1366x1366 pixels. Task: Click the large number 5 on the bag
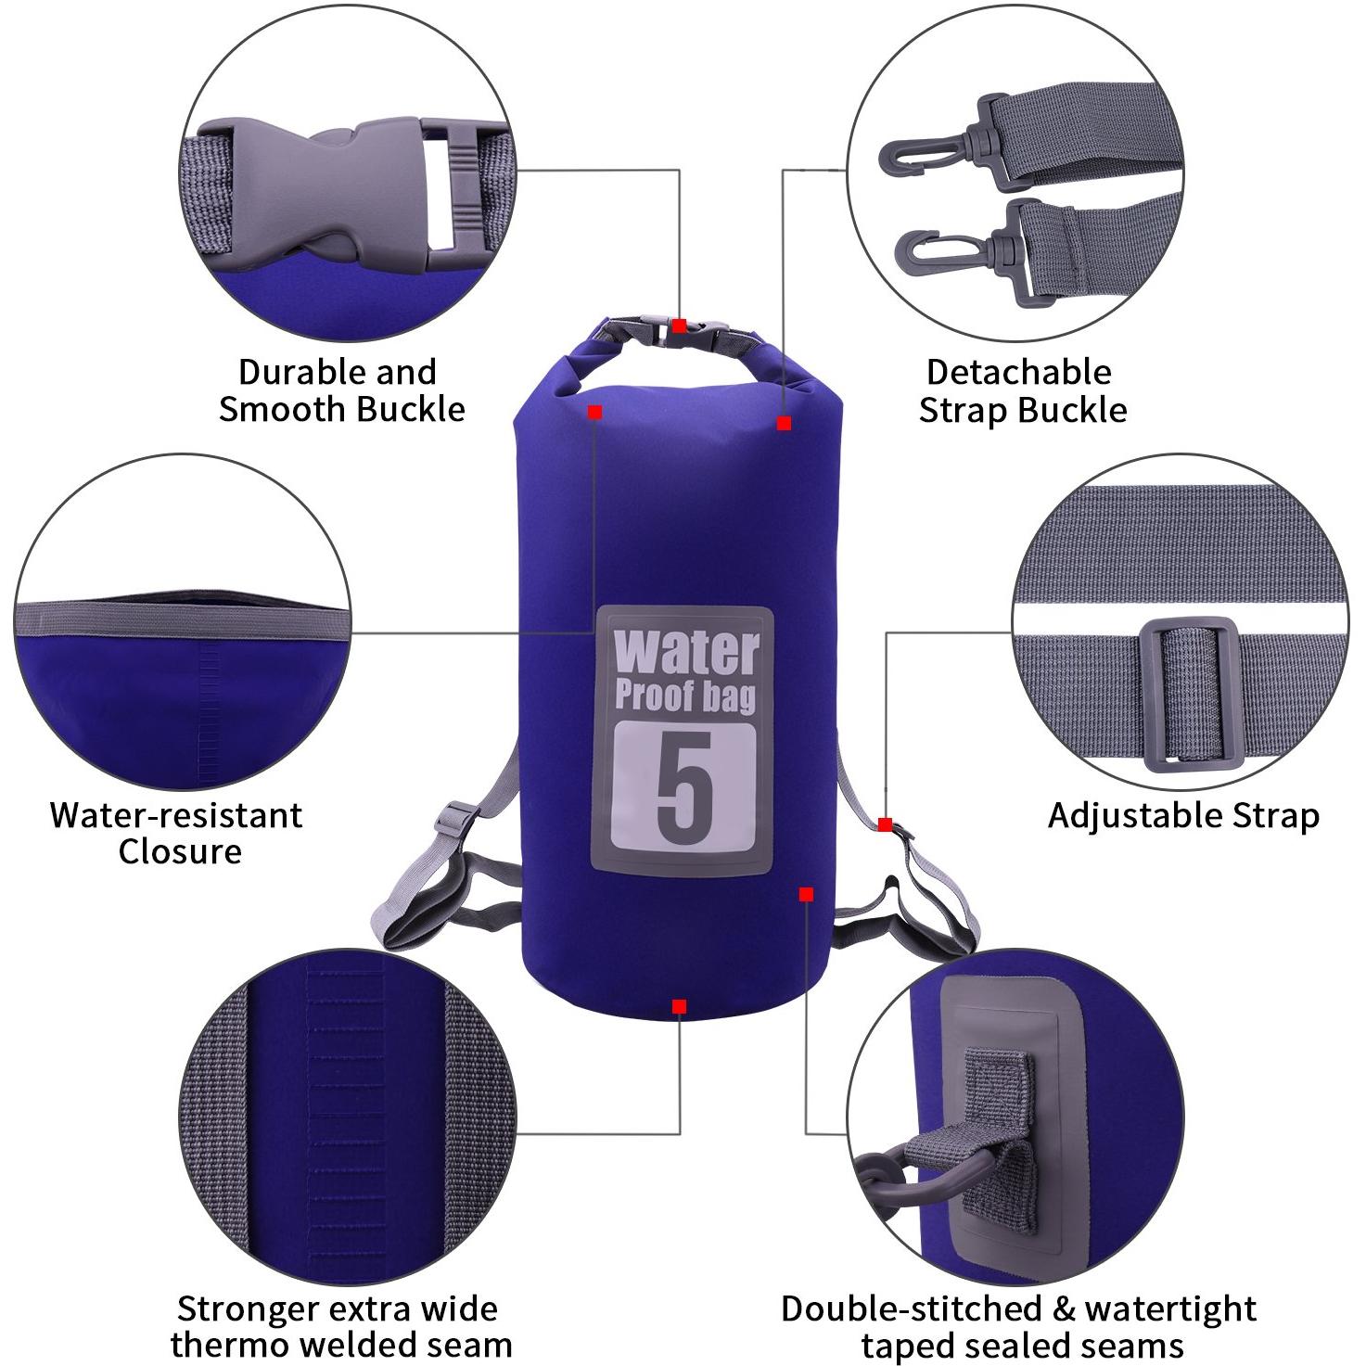(x=684, y=788)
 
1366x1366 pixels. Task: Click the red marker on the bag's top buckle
(x=679, y=326)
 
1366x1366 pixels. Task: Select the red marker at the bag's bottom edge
(x=679, y=1006)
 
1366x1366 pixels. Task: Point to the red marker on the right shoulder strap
(x=885, y=824)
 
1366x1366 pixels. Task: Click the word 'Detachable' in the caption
(x=1018, y=372)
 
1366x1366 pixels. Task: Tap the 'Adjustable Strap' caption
(x=1183, y=816)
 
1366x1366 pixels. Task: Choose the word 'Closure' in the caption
(x=180, y=851)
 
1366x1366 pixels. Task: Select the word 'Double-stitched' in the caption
(x=911, y=1289)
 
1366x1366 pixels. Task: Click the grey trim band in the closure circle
(x=183, y=620)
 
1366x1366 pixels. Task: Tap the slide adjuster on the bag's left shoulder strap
(x=454, y=819)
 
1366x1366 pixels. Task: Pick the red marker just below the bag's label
(x=805, y=895)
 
